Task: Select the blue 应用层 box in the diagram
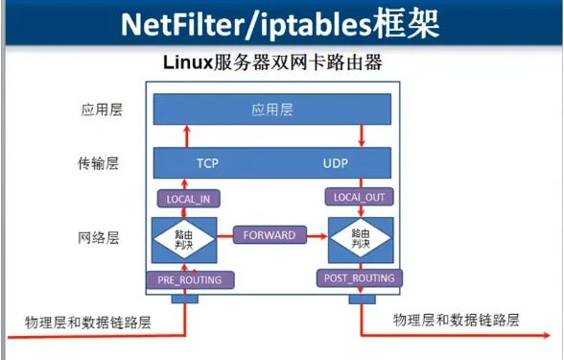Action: [x=272, y=108]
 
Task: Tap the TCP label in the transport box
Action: [x=207, y=162]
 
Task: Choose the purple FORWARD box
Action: [x=270, y=234]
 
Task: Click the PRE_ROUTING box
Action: [x=190, y=279]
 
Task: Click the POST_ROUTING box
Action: [x=360, y=277]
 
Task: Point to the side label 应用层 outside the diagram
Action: [x=102, y=109]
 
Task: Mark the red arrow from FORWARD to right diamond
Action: [x=317, y=234]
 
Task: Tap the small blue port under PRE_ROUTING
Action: [x=184, y=298]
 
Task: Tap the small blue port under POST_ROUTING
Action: [x=363, y=298]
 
